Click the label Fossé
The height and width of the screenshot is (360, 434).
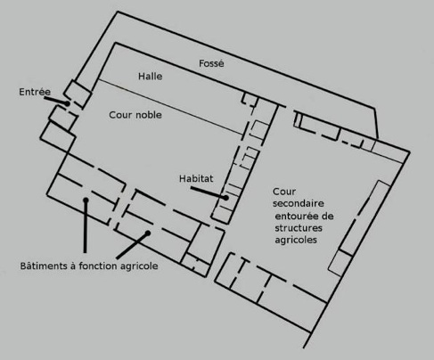click(211, 63)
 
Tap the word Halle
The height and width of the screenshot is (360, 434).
click(151, 77)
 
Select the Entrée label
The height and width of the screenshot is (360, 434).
click(35, 92)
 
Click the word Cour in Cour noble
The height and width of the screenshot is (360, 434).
click(119, 115)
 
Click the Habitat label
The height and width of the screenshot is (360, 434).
click(196, 178)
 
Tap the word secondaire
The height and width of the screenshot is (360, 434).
click(299, 203)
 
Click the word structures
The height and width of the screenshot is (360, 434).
click(299, 228)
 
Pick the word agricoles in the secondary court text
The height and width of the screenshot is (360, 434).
click(296, 240)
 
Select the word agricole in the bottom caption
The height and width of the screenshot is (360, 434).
click(139, 266)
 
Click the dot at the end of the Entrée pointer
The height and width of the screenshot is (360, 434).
click(68, 103)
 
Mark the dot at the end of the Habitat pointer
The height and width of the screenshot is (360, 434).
click(226, 198)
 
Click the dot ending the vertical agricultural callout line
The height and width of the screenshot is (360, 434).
click(86, 200)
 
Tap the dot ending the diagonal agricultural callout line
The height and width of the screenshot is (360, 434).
click(148, 233)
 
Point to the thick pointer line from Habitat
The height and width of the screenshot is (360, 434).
click(209, 192)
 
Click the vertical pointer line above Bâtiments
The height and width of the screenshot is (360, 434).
click(86, 226)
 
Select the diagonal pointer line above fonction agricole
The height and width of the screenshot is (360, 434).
click(132, 246)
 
